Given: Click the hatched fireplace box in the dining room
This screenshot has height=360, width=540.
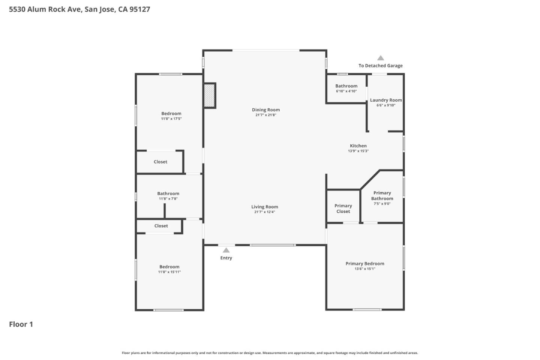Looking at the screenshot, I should [209, 95].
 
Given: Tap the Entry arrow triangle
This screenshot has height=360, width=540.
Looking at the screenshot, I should [226, 250].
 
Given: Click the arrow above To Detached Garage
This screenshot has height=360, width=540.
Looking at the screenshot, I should [381, 58].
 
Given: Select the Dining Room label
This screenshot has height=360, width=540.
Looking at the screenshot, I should [266, 110].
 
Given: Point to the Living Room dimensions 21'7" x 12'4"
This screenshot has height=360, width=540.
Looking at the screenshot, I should [265, 212].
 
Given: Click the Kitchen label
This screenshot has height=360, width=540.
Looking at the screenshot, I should [358, 146].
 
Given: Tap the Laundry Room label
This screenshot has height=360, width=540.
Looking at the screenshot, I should [386, 100].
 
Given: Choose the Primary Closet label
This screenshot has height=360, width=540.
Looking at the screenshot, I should [343, 208].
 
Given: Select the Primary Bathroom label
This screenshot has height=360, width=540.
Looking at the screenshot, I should [382, 196].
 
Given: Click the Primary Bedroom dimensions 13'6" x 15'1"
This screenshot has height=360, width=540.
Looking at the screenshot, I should [365, 269].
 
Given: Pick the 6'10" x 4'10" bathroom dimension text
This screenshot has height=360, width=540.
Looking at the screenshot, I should [346, 91].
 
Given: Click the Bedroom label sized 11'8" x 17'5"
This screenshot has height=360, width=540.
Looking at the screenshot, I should [171, 114].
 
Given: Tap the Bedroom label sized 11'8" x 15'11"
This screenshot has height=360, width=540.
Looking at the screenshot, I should [169, 267].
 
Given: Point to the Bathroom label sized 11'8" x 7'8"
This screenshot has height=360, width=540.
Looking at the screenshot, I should [168, 194].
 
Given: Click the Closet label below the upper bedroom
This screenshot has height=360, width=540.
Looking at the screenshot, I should [160, 162].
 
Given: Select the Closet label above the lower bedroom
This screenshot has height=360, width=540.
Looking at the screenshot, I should [161, 226].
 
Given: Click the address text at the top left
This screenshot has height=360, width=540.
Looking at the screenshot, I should [79, 9].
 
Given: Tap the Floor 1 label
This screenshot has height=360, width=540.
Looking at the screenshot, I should [21, 324].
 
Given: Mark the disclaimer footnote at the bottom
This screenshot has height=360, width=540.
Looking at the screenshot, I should [270, 353].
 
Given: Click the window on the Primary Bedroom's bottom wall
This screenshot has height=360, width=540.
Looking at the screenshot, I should [367, 310].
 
